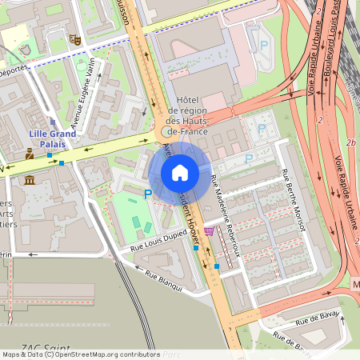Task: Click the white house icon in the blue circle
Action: click(180, 173)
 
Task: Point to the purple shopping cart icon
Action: click(209, 231)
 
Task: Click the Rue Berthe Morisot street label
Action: click(293, 200)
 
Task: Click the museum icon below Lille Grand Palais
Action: click(29, 180)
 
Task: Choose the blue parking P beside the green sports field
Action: click(146, 194)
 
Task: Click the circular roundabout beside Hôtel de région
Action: click(166, 131)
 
